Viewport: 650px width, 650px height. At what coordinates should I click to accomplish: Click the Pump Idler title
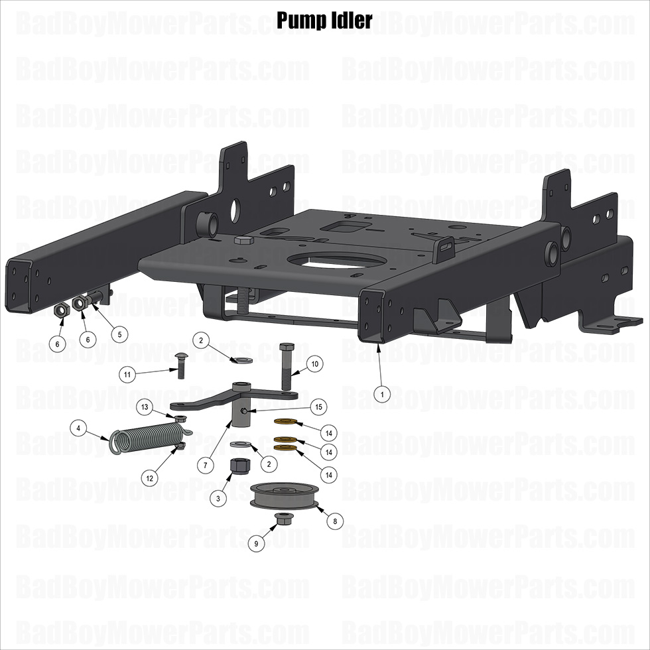(324, 21)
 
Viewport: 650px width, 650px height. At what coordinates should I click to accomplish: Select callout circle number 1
(382, 394)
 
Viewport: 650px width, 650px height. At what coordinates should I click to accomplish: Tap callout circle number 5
(120, 334)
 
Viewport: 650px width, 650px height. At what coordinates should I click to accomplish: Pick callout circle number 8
(335, 521)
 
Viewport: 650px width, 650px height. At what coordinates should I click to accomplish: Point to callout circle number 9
(256, 543)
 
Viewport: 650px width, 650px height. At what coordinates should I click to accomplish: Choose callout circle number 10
(315, 364)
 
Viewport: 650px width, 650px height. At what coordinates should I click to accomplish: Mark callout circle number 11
(127, 375)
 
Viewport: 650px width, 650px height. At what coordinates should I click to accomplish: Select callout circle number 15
(318, 407)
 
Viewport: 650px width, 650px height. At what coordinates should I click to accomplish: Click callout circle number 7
(205, 466)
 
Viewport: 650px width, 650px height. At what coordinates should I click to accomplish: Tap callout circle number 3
(218, 498)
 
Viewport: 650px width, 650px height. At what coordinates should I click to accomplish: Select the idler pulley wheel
(285, 495)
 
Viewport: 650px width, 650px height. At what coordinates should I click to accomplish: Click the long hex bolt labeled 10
(286, 366)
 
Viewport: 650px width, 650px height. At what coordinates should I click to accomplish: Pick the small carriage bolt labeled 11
(180, 366)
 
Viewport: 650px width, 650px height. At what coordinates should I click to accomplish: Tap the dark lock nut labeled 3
(240, 467)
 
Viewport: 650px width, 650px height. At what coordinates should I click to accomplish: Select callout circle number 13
(145, 407)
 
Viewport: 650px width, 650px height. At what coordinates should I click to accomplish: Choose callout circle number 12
(149, 478)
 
